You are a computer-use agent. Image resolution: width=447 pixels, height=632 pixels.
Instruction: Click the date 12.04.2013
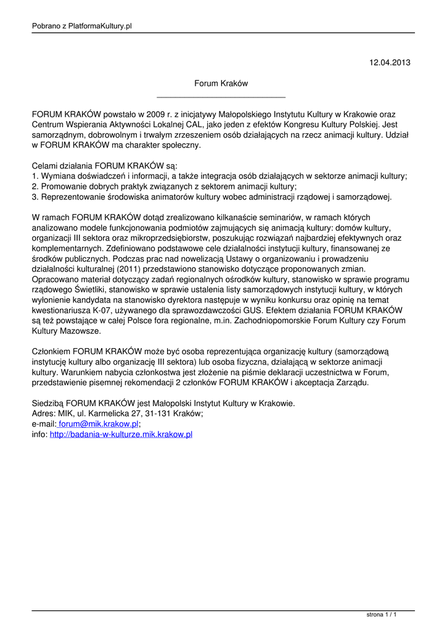click(389, 62)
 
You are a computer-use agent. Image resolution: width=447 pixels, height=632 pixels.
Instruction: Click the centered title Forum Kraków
click(221, 83)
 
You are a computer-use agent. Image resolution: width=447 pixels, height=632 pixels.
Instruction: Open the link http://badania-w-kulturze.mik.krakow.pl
click(121, 434)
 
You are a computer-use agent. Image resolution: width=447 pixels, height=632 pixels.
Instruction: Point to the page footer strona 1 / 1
click(381, 615)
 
